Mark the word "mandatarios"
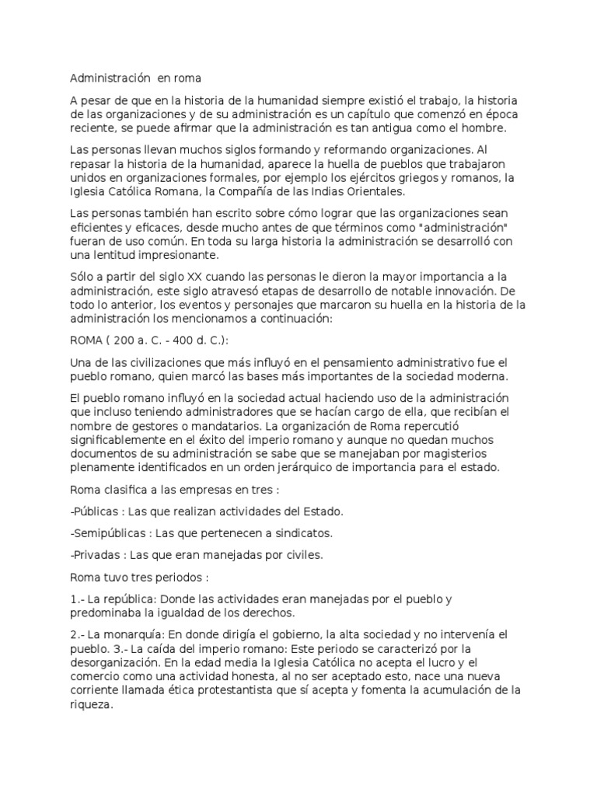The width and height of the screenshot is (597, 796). (x=222, y=426)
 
